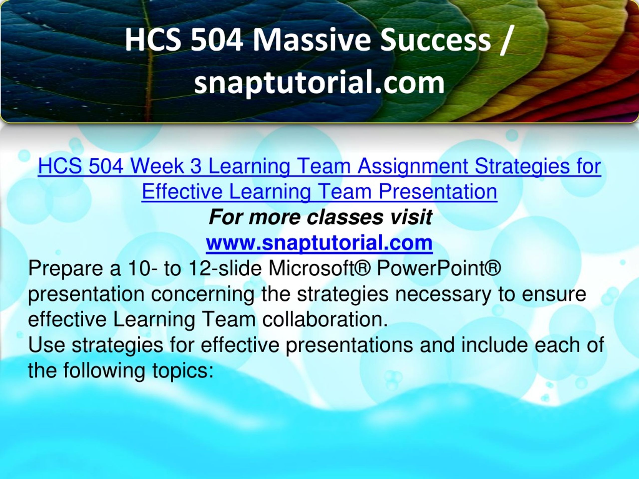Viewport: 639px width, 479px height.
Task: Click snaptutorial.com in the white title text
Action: pos(319,83)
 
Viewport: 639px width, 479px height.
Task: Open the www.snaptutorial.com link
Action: pos(319,243)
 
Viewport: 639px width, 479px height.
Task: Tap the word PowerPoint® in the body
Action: pos(439,268)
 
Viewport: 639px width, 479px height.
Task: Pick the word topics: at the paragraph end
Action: pos(182,371)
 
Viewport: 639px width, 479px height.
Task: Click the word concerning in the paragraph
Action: pos(202,294)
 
